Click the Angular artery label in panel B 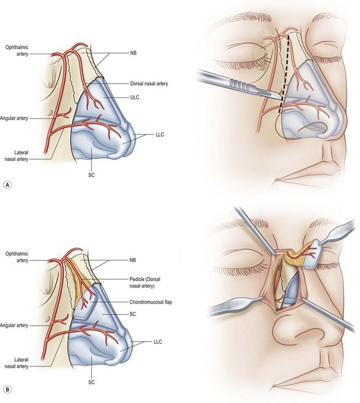click(17, 325)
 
